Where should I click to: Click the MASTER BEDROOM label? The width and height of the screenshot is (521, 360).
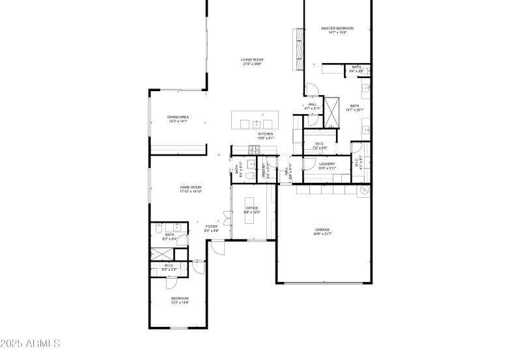[337, 28]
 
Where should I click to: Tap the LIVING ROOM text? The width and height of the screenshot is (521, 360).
[252, 60]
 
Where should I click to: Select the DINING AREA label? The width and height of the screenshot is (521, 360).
[178, 117]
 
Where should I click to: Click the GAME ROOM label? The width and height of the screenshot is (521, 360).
[191, 187]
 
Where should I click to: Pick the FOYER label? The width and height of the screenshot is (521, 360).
[212, 227]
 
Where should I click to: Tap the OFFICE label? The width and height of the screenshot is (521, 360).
[252, 208]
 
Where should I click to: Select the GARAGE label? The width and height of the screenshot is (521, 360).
[322, 229]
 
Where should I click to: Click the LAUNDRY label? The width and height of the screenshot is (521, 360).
[327, 164]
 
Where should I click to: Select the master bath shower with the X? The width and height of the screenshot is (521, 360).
[333, 112]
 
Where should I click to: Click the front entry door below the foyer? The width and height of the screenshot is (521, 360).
[216, 245]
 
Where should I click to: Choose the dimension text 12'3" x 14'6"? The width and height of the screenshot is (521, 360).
[180, 302]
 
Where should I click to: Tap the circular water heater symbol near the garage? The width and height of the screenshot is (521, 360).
[365, 190]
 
